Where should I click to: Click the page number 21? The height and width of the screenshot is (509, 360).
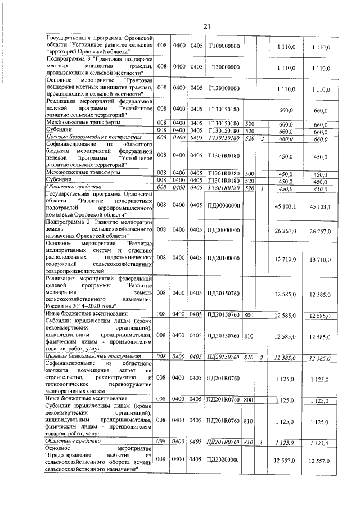click(206, 26)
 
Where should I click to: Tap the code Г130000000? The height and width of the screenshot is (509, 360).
click(224, 67)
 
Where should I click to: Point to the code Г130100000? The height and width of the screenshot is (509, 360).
click(224, 88)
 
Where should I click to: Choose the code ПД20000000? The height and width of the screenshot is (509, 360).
click(223, 229)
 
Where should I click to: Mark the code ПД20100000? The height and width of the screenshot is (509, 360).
click(223, 257)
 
